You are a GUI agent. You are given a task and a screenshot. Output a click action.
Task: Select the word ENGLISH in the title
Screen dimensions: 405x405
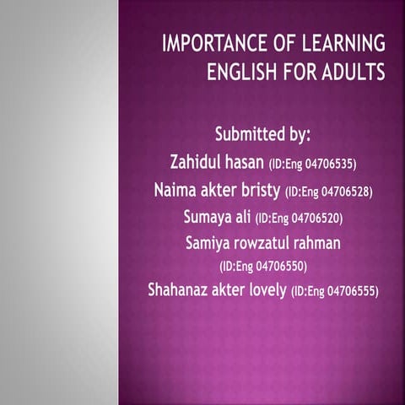[246, 73]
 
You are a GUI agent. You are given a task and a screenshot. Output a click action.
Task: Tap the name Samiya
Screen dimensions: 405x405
[210, 244]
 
